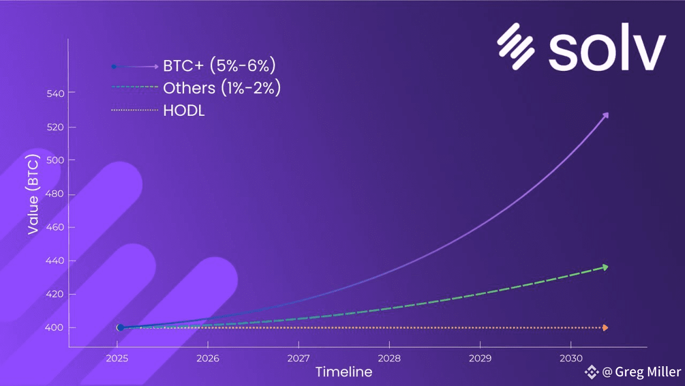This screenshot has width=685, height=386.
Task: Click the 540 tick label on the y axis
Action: (x=55, y=93)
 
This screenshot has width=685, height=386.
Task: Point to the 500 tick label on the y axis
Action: (x=55, y=160)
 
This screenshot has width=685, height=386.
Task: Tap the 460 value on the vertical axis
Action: (x=55, y=227)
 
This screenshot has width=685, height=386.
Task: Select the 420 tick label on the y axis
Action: (x=55, y=294)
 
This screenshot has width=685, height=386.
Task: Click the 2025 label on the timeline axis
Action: (x=117, y=358)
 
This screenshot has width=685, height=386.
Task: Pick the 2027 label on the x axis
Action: (x=299, y=358)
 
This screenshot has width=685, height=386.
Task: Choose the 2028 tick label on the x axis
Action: (x=389, y=358)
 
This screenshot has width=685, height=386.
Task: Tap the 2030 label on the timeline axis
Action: (x=571, y=358)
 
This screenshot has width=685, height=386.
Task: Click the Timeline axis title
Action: (x=344, y=372)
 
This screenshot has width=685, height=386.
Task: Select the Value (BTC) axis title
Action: (x=33, y=195)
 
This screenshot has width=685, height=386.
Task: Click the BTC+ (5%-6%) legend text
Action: (x=219, y=65)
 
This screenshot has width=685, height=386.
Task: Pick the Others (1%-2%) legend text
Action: (x=222, y=88)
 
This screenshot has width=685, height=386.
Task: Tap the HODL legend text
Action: (x=184, y=110)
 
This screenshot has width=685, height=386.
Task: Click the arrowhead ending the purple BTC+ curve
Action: (x=605, y=115)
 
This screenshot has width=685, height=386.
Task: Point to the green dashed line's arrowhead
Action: (x=605, y=268)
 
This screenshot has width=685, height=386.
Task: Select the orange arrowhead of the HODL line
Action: (x=605, y=328)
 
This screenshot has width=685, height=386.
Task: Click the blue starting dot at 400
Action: (x=120, y=328)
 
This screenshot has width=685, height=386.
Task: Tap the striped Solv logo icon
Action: (x=516, y=46)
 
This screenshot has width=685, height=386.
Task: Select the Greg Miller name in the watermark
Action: (x=648, y=372)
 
